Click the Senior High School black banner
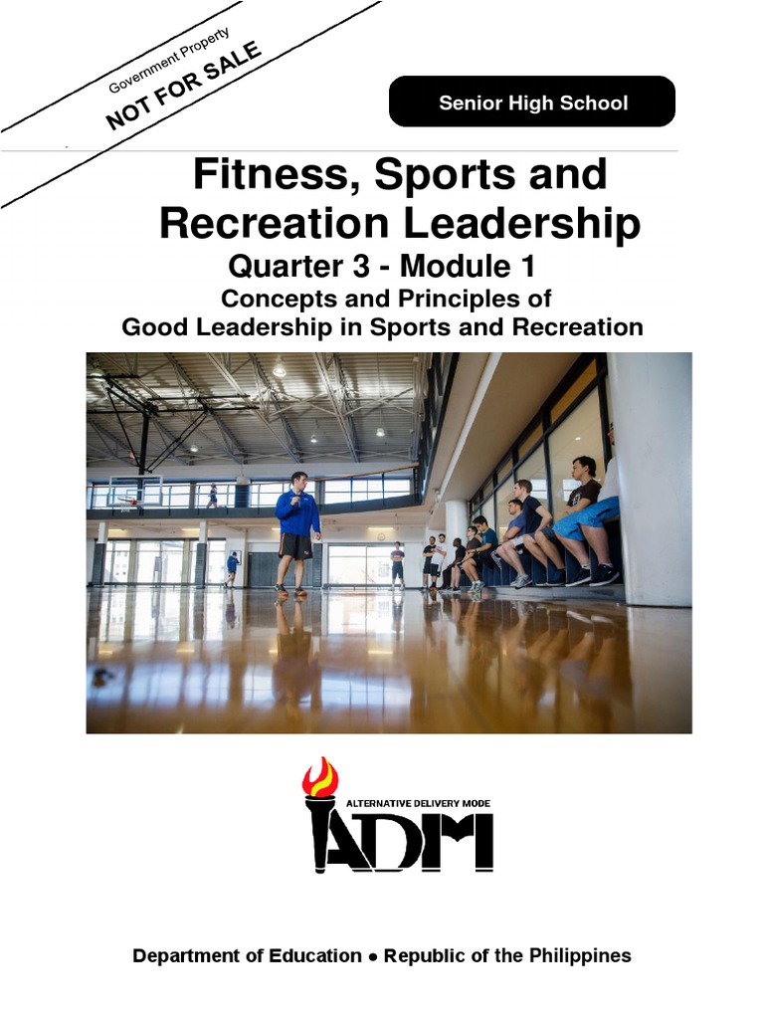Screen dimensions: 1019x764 tap(532, 102)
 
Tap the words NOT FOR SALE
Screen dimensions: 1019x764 tap(184, 86)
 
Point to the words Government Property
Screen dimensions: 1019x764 tap(169, 60)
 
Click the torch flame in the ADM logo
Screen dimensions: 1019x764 tap(320, 776)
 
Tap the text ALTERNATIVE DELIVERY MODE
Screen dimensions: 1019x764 tap(418, 803)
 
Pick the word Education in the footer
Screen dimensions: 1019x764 tap(312, 955)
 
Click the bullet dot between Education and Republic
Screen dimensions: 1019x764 tap(373, 956)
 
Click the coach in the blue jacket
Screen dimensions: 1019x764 tap(297, 512)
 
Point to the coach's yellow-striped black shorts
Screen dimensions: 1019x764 tap(294, 545)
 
